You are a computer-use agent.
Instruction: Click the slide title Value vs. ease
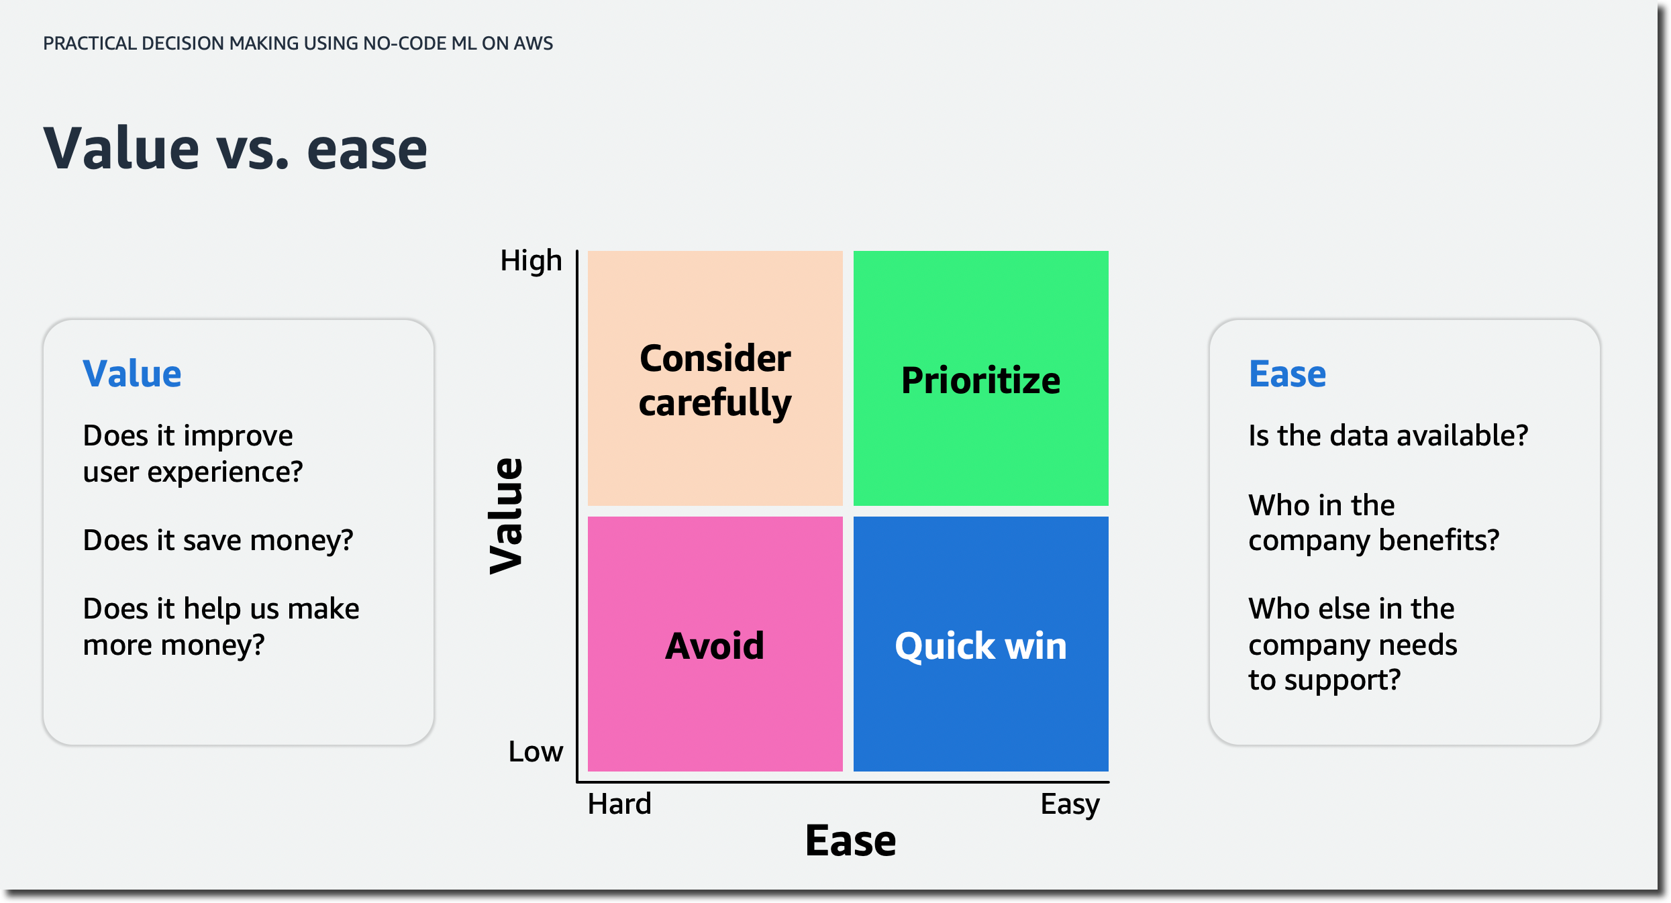click(x=235, y=149)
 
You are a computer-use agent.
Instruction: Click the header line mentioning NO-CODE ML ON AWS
click(x=298, y=44)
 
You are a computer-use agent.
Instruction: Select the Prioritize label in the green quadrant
click(x=980, y=380)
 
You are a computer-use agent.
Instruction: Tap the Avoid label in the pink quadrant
click(x=715, y=646)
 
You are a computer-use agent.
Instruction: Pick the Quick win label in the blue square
click(x=980, y=646)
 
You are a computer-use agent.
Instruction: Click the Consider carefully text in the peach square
click(x=715, y=380)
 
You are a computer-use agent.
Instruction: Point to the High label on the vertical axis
click(x=531, y=261)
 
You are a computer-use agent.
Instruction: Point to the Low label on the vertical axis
click(x=535, y=751)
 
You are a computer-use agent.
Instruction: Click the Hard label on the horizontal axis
click(x=619, y=804)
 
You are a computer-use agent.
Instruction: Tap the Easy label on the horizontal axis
click(x=1070, y=804)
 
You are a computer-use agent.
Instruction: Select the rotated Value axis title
click(x=507, y=515)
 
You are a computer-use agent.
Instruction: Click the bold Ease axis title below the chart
click(x=850, y=841)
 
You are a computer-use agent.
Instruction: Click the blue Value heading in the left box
click(x=132, y=374)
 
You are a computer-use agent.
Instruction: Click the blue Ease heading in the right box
click(x=1287, y=374)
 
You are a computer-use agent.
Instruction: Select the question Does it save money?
click(x=218, y=540)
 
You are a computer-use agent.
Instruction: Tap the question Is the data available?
click(x=1388, y=435)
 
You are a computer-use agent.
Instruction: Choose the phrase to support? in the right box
click(x=1324, y=680)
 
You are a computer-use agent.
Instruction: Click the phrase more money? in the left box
click(x=174, y=645)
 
